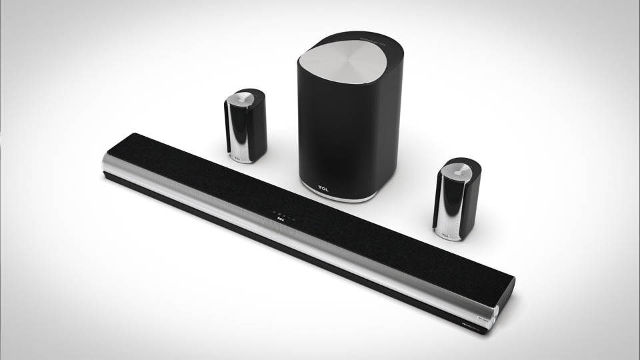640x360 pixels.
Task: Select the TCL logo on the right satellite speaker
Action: pyautogui.click(x=444, y=234)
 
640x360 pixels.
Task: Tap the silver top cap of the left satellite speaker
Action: pyautogui.click(x=241, y=99)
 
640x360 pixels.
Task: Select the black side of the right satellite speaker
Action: pyautogui.click(x=467, y=207)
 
